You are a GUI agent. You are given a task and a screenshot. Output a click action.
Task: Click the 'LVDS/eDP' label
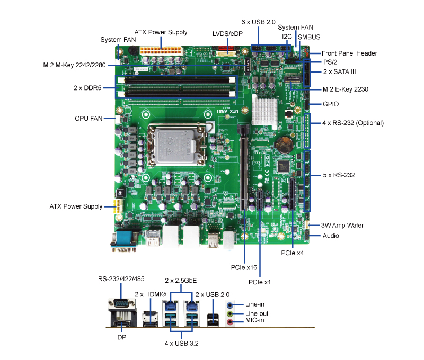click(x=227, y=33)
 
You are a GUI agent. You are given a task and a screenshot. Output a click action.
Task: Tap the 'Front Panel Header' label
click(x=349, y=53)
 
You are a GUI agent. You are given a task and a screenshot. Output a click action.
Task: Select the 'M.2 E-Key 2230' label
click(x=345, y=89)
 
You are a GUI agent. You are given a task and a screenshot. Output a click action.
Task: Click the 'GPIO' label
click(x=331, y=104)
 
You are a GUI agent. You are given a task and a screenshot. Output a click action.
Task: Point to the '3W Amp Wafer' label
click(x=343, y=226)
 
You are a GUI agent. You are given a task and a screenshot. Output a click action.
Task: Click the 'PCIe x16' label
click(x=244, y=267)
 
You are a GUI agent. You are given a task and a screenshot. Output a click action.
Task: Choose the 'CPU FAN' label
click(x=89, y=119)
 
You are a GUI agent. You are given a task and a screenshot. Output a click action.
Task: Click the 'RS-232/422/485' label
click(x=120, y=279)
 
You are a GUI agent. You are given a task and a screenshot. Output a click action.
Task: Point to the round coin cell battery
click(x=286, y=142)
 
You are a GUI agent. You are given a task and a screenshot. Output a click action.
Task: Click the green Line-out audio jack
click(x=229, y=313)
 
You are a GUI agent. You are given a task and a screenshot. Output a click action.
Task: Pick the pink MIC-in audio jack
click(x=229, y=321)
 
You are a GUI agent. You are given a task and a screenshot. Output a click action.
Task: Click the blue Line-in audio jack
click(x=229, y=305)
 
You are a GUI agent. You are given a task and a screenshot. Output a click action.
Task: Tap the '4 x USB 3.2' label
click(x=182, y=343)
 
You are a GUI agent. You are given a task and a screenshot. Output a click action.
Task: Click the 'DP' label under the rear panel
click(x=121, y=336)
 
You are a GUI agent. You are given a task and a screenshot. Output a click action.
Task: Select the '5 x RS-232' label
click(x=339, y=175)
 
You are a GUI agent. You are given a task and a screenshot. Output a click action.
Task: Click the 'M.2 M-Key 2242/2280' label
click(x=75, y=65)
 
